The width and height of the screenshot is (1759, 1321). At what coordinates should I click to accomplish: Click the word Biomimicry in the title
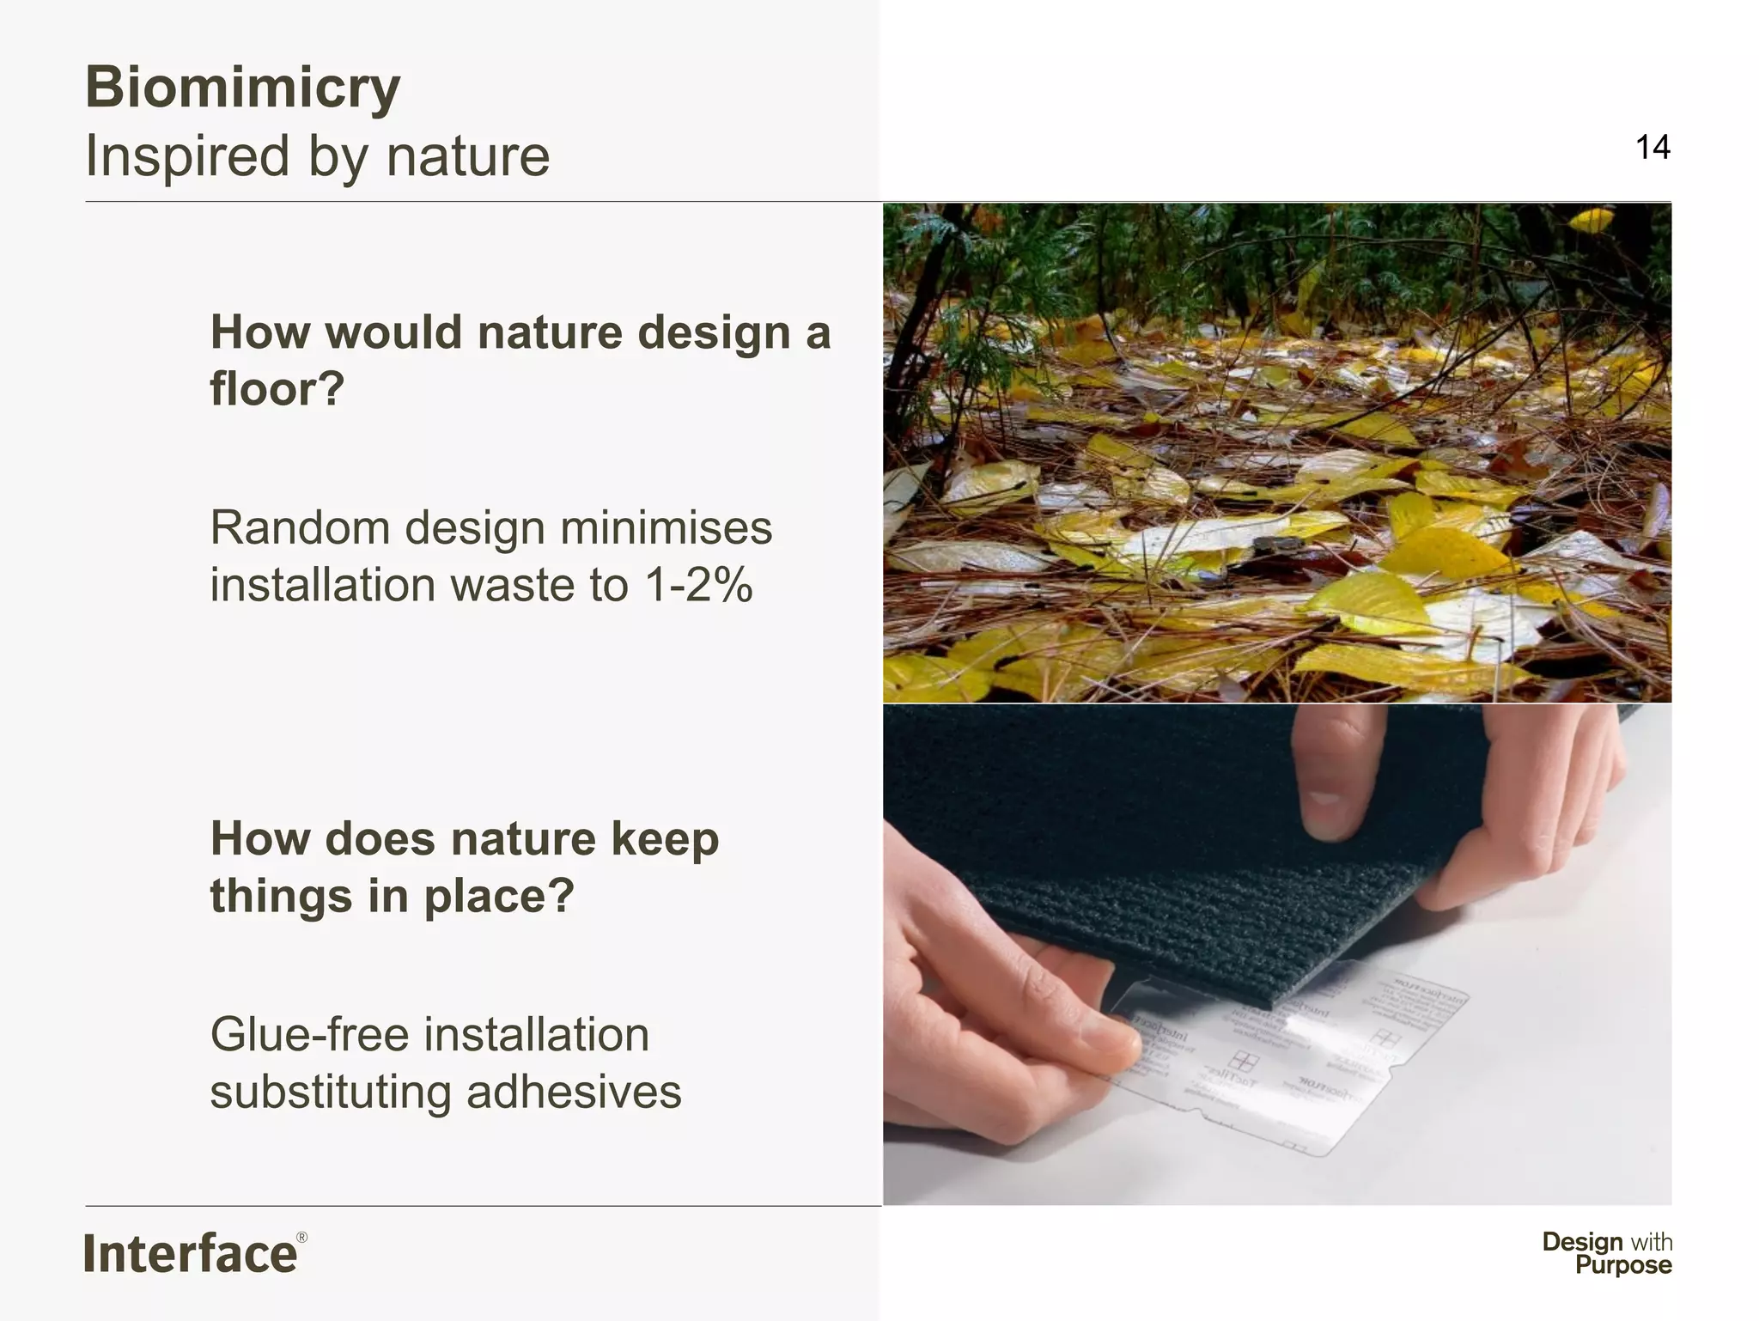(243, 88)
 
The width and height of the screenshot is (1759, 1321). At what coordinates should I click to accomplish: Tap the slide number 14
(1652, 148)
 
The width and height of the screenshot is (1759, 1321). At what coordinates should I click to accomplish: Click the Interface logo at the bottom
(191, 1254)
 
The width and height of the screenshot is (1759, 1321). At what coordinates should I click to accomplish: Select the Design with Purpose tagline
(1607, 1253)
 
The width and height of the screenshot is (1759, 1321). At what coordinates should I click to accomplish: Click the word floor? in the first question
(277, 388)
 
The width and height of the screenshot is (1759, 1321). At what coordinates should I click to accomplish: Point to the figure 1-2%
(698, 586)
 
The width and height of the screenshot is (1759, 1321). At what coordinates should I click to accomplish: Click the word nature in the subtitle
(468, 156)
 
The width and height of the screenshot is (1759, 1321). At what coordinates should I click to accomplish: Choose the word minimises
(666, 527)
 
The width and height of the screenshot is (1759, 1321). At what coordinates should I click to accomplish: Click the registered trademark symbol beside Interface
(301, 1238)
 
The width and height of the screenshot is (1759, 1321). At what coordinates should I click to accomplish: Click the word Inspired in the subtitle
(187, 156)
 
